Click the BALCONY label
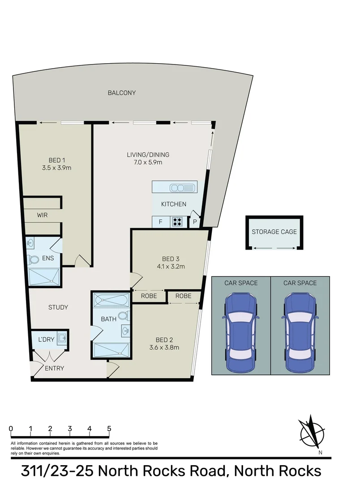tap(121, 93)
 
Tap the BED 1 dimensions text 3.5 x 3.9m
tap(57, 169)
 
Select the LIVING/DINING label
tap(148, 155)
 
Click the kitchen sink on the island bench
tap(182, 187)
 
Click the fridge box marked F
tap(160, 221)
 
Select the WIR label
tap(43, 215)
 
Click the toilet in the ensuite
tap(34, 259)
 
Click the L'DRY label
tap(46, 340)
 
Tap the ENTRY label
tap(55, 368)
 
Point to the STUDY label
tap(58, 307)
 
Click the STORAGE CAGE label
tap(274, 232)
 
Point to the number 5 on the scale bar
tap(109, 428)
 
